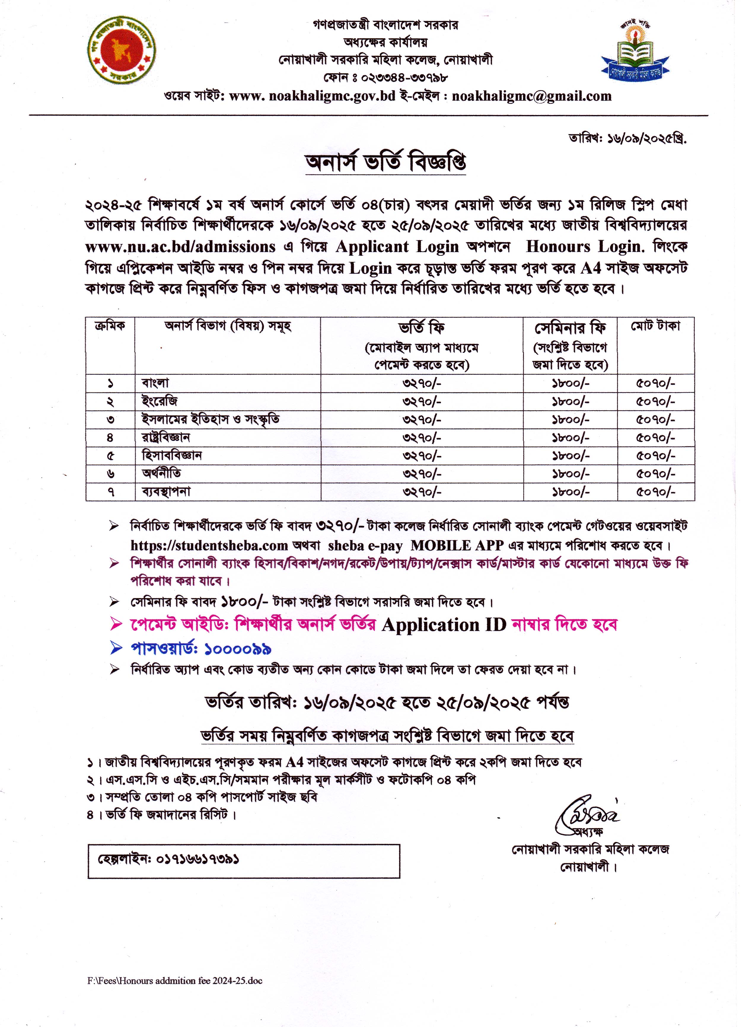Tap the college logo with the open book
click(635, 53)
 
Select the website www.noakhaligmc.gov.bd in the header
click(313, 96)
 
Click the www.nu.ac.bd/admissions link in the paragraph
click(180, 247)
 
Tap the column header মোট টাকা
click(655, 326)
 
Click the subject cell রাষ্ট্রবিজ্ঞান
click(166, 437)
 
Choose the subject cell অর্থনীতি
click(161, 474)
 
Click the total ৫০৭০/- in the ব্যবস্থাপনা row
click(655, 492)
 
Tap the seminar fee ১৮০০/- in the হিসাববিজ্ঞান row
click(570, 456)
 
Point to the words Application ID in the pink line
click(444, 625)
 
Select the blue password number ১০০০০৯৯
click(238, 649)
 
